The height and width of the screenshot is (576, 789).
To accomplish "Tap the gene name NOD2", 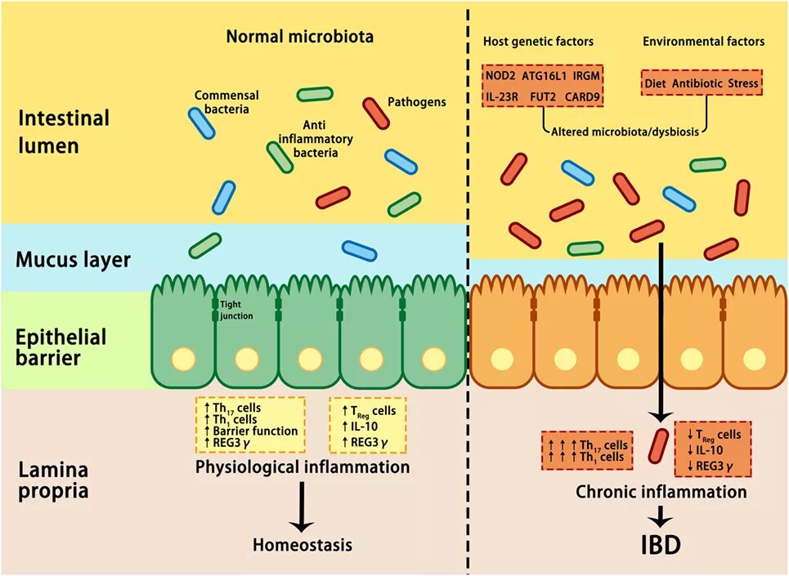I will pyautogui.click(x=500, y=76).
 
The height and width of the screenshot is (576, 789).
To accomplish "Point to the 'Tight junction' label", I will pyautogui.click(x=237, y=310).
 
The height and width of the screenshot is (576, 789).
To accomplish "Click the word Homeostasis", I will pyautogui.click(x=302, y=545).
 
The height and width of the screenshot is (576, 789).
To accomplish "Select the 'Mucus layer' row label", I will pyautogui.click(x=74, y=261).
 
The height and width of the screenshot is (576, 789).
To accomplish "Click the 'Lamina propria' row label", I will pyautogui.click(x=55, y=481).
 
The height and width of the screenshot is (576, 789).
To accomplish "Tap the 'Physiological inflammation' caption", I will pyautogui.click(x=303, y=468).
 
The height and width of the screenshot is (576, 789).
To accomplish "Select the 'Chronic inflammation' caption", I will pyautogui.click(x=661, y=492).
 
